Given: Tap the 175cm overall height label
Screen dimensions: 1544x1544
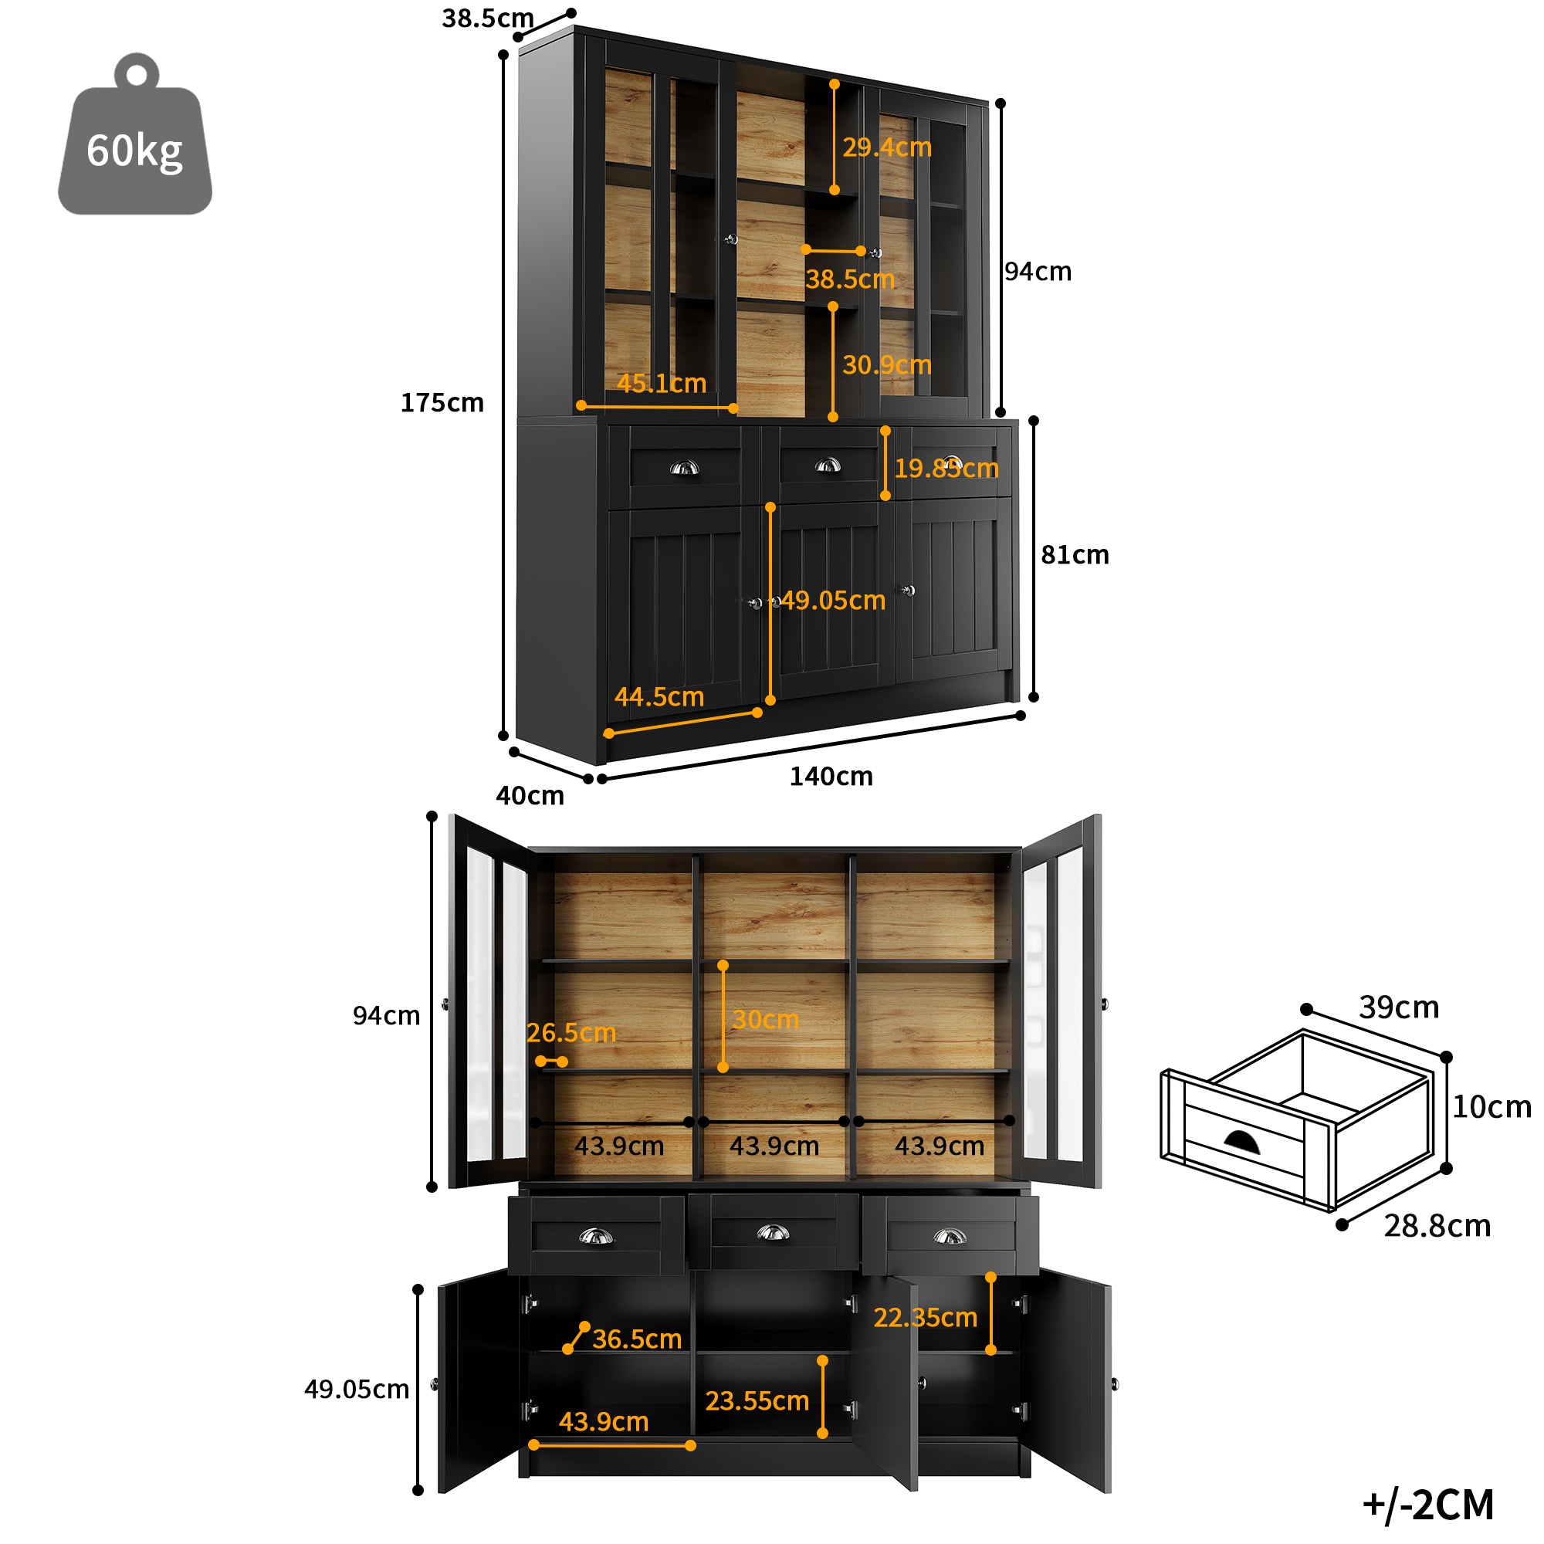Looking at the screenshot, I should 442,403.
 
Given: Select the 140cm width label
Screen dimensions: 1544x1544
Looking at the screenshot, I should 831,777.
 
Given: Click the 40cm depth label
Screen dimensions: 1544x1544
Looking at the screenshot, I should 530,796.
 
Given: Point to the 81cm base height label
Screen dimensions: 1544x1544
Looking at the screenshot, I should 1075,554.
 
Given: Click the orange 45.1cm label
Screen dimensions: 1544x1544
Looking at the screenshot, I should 662,384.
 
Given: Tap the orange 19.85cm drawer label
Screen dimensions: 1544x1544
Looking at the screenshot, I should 946,469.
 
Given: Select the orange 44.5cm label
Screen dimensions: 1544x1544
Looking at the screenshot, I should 659,697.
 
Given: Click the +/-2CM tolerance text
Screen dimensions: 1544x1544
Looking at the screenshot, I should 1428,1505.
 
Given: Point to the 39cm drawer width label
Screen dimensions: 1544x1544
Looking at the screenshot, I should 1400,1007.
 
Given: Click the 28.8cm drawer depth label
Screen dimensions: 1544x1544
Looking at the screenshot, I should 1437,1226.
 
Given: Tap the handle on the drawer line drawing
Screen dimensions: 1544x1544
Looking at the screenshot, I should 1242,1143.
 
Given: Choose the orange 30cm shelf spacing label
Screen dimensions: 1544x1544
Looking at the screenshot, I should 766,1020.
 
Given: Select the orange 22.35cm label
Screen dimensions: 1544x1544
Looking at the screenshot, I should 926,1317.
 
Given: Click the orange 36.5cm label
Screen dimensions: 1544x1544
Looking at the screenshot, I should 637,1339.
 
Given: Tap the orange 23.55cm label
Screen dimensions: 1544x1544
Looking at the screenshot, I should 757,1401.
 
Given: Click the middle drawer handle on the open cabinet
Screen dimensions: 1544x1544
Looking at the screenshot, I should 773,1233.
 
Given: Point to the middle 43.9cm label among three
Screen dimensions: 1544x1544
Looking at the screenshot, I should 774,1146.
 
